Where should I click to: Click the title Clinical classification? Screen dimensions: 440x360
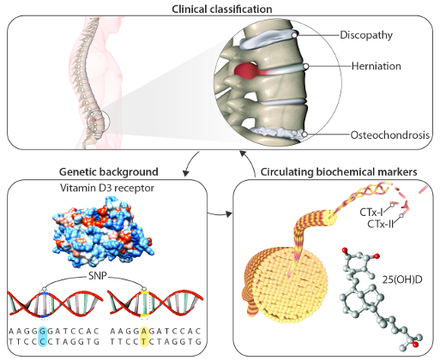222,9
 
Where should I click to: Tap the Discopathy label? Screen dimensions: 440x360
366,35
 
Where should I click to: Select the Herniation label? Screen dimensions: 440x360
376,66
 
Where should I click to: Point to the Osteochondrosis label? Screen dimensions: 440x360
390,135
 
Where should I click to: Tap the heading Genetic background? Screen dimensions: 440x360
109,172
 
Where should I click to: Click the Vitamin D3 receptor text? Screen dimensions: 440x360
107,188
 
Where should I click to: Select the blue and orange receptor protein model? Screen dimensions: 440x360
103,231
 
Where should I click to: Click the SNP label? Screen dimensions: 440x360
96,276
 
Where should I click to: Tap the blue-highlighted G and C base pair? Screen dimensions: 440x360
43,336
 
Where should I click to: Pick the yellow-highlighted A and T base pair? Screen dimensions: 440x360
144,336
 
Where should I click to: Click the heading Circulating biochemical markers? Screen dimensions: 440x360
339,172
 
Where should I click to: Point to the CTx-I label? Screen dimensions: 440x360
371,213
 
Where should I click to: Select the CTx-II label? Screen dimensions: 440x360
381,224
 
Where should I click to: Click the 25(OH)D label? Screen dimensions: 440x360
402,279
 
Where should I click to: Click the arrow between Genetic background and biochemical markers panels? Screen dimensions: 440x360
220,213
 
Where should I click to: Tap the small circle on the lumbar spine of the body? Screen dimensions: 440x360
99,122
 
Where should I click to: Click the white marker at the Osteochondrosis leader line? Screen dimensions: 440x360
304,134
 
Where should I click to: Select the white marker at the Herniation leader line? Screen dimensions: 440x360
305,67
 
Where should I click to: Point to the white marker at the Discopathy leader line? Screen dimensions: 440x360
294,35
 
